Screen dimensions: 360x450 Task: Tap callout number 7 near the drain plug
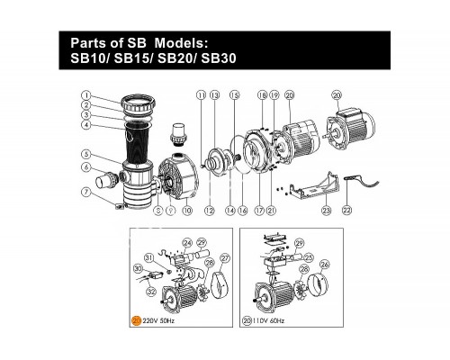pos(85,191)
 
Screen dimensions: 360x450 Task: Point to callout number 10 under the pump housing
pos(187,211)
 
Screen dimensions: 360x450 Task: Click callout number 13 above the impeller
pos(215,94)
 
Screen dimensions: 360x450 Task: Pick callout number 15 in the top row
pos(234,94)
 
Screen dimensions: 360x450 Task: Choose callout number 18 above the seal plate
pos(261,94)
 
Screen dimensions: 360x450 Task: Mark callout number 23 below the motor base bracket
pos(326,211)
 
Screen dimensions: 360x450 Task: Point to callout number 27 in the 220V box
pos(225,259)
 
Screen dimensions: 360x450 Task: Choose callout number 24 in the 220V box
pos(187,242)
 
